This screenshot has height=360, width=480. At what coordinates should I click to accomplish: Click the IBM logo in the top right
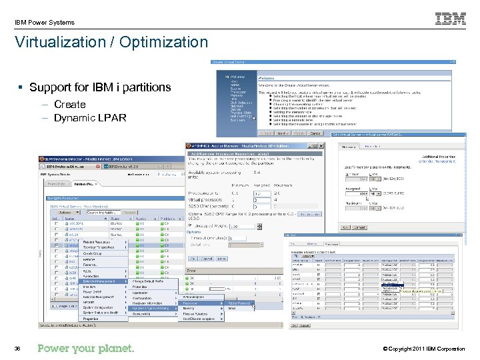click(451, 19)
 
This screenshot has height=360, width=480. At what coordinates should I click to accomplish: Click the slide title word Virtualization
click(63, 43)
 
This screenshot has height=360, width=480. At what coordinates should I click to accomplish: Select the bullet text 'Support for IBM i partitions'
click(100, 87)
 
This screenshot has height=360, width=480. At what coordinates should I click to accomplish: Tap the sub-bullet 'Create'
click(69, 105)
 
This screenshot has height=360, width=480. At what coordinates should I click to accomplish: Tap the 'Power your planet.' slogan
click(86, 349)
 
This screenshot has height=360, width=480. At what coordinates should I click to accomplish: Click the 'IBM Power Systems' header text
click(45, 23)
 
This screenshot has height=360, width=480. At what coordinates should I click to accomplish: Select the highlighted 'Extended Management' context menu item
click(99, 282)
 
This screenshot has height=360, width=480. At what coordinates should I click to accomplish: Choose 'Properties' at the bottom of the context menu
click(91, 319)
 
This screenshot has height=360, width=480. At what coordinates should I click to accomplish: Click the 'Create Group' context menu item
click(93, 253)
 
